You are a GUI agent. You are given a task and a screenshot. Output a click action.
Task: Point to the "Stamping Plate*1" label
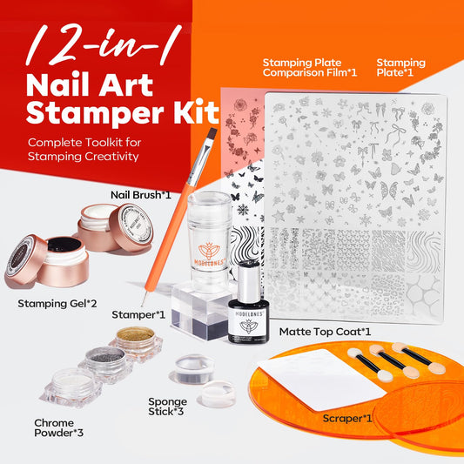(400, 69)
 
